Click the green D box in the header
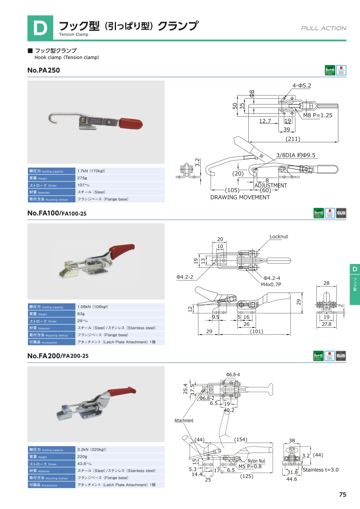pyautogui.click(x=40, y=28)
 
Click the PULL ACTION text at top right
pyautogui.click(x=324, y=28)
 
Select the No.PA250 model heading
pyautogui.click(x=44, y=70)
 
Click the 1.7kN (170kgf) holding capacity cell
pyautogui.click(x=92, y=171)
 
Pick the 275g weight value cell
pyautogui.click(x=82, y=178)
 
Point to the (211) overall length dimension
pyautogui.click(x=292, y=139)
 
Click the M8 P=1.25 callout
pyautogui.click(x=318, y=115)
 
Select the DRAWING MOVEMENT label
pyautogui.click(x=240, y=197)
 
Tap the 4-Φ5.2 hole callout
pyautogui.click(x=301, y=86)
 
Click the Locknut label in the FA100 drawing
pyautogui.click(x=278, y=236)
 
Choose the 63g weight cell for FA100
pyautogui.click(x=81, y=314)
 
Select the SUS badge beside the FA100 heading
pyautogui.click(x=341, y=213)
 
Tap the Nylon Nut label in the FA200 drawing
pyautogui.click(x=256, y=461)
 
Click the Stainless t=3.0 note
pyautogui.click(x=320, y=470)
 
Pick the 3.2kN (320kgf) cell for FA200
pyautogui.click(x=92, y=449)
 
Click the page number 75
pyautogui.click(x=342, y=495)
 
